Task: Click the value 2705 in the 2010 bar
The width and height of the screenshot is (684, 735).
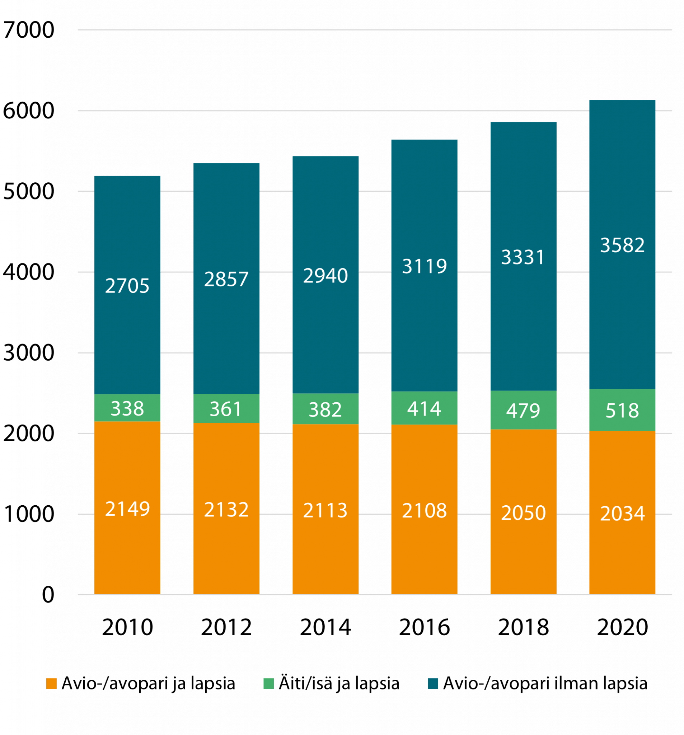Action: pos(127,286)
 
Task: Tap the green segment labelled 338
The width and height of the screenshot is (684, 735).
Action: pos(127,408)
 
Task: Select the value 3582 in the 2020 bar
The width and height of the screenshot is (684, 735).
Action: pos(622,245)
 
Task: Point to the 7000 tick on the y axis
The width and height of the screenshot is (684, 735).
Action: pos(29,30)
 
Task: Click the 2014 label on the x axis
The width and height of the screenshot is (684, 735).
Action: pos(325,627)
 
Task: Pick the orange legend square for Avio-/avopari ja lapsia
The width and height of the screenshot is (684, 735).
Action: pos(51,683)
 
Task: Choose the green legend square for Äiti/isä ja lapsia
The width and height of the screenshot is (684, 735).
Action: pos(269,683)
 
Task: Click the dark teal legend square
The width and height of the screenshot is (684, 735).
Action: pos(433,683)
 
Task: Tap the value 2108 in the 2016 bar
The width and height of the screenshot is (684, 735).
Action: pos(425,511)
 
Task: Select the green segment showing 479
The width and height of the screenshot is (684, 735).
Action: pos(523,411)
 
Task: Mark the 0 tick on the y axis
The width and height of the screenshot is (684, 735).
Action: pos(48,595)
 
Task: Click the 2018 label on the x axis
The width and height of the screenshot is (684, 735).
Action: pos(523,627)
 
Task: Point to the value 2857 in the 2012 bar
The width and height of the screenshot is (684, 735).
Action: pos(226,279)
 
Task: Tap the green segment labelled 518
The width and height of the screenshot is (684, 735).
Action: pos(622,411)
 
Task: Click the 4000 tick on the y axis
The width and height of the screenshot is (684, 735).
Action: pos(29,272)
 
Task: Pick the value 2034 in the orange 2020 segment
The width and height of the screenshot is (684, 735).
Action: pos(622,514)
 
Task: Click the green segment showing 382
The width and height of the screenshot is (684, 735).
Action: pos(325,409)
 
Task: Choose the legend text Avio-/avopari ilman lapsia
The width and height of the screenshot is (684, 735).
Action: pos(545,683)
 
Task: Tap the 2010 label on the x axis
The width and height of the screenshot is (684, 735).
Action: pos(127,627)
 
